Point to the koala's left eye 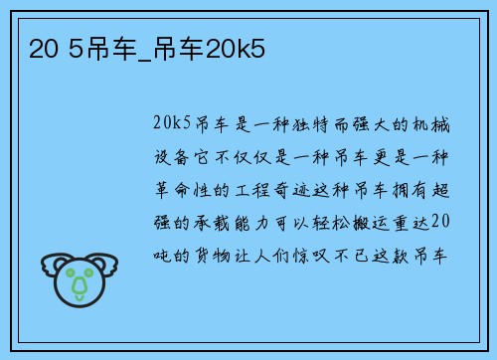tap(68, 272)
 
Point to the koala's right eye tap(90, 272)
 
